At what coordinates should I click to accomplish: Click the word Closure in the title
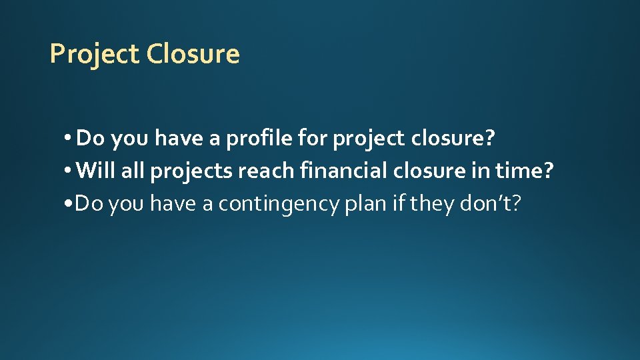click(x=193, y=54)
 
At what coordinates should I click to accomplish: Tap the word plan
click(x=365, y=203)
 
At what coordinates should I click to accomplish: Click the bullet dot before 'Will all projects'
click(x=69, y=172)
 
